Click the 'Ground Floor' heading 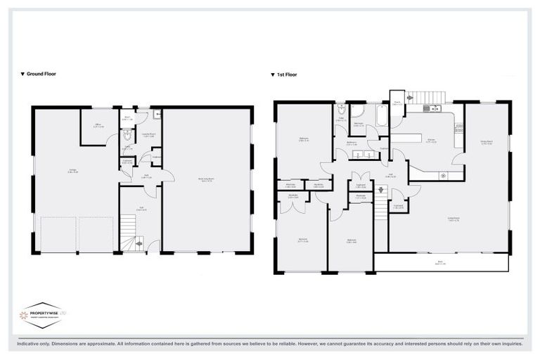[40, 73]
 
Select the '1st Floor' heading [285, 73]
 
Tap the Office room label [99, 127]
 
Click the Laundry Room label [149, 136]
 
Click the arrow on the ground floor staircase [139, 244]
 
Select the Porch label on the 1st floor [397, 103]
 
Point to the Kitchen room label [432, 141]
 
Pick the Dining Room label [486, 142]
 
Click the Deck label [440, 263]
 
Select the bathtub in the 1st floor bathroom [382, 115]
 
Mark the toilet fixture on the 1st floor [340, 111]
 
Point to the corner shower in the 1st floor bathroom [357, 111]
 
